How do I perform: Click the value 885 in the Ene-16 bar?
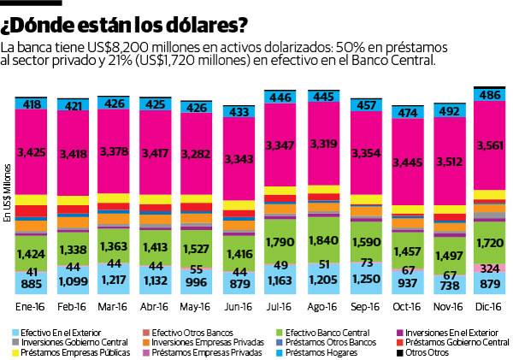tap(32, 284)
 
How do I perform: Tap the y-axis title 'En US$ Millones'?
tap(7, 192)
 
